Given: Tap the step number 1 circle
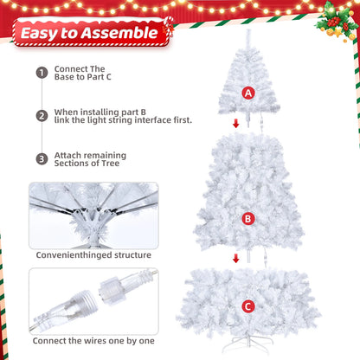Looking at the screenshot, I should click(42, 73).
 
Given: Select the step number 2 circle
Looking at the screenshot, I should click(42, 115).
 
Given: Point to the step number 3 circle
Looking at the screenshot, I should click(42, 158).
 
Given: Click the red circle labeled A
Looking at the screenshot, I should click(249, 93).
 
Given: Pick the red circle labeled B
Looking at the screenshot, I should click(248, 219).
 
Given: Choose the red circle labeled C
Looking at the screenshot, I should click(248, 305).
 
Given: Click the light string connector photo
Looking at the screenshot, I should click(93, 300).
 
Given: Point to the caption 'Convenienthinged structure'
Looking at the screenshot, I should click(93, 255).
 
